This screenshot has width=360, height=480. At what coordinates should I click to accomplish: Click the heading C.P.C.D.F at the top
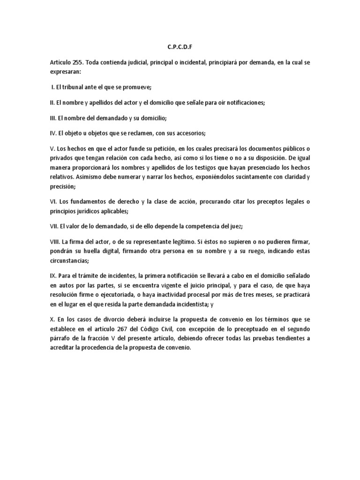pyautogui.click(x=180, y=47)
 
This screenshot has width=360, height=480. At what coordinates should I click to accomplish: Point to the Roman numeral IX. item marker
pyautogui.click(x=53, y=274)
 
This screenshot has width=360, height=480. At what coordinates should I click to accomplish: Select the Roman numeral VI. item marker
pyautogui.click(x=53, y=201)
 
